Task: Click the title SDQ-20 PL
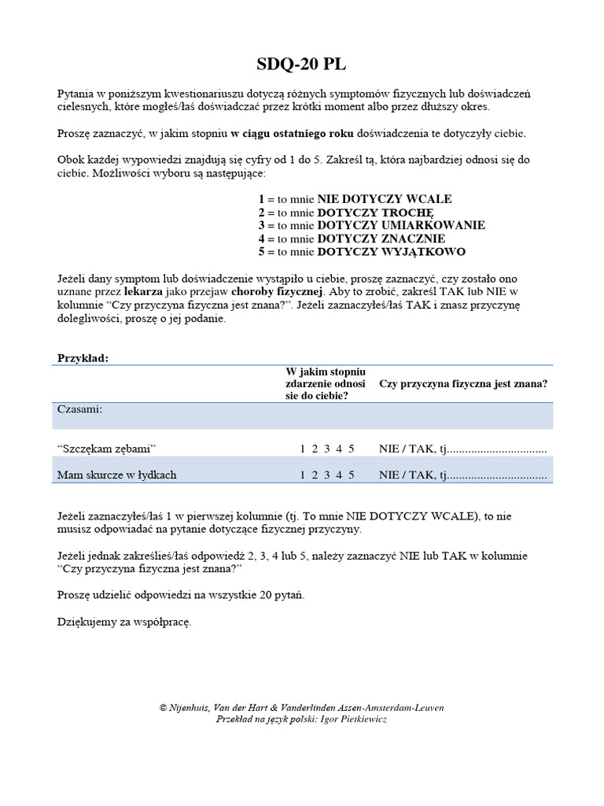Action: point(301,65)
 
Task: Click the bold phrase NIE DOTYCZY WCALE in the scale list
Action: point(384,199)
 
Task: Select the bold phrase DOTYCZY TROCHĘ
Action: point(375,213)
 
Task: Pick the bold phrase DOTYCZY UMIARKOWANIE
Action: point(401,225)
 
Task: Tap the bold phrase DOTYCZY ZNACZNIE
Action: point(381,238)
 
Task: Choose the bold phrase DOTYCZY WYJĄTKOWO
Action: point(391,252)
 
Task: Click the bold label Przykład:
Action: point(83,358)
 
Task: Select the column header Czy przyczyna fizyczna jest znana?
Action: point(463,384)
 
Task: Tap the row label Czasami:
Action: point(79,409)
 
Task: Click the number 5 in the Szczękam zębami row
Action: point(352,449)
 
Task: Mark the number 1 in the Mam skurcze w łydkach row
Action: point(302,475)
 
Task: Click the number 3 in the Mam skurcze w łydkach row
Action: point(326,475)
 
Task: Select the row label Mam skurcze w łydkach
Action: point(116,475)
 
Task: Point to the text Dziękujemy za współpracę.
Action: point(124,622)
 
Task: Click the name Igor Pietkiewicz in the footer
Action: point(354,719)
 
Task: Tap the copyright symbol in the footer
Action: point(163,708)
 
